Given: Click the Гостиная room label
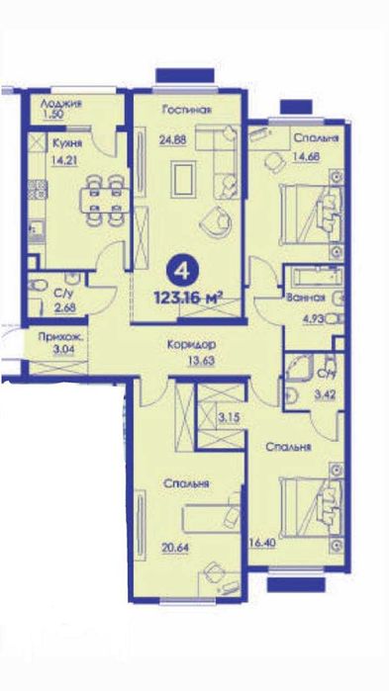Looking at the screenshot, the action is click(x=186, y=110).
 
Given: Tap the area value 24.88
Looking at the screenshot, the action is click(x=173, y=140).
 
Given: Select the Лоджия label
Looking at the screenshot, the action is click(x=61, y=104).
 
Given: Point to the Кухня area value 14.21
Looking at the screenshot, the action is click(x=64, y=160).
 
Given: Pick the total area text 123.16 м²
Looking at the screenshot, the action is click(x=187, y=299).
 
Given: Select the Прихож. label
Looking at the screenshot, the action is click(x=60, y=339).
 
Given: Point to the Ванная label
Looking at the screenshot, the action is click(x=306, y=298).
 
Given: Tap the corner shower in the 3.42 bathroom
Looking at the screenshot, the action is click(x=299, y=367).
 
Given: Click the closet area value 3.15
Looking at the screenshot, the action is click(x=228, y=417).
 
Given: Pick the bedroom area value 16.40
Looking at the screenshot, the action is click(x=263, y=543).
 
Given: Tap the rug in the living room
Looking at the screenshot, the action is click(x=183, y=179).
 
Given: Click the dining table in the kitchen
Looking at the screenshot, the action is click(x=105, y=200).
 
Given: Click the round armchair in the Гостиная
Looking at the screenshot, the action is click(x=217, y=219).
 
